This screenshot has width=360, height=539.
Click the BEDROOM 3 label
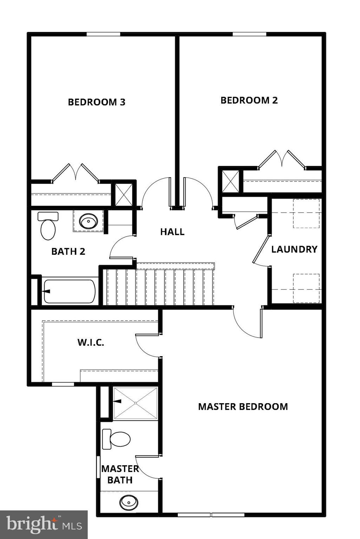tap(97, 102)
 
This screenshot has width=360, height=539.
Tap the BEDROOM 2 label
tap(249, 100)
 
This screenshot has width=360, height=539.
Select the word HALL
tap(172, 232)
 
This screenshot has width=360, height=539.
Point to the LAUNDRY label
tap(294, 249)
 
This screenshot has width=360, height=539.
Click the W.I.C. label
tap(91, 342)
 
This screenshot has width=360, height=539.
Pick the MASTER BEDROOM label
tap(243, 406)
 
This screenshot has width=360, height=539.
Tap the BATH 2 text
tap(68, 251)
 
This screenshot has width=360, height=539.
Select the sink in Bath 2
tap(88, 221)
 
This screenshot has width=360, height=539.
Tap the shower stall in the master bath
tap(136, 403)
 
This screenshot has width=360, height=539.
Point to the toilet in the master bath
tap(117, 439)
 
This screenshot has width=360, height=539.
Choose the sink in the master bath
tap(129, 503)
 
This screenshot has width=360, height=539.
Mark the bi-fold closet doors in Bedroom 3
tap(76, 173)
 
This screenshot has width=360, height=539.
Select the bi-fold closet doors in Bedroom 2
tap(282, 160)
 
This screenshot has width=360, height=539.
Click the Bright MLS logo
tap(44, 525)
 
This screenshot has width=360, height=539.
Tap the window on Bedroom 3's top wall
tap(103, 34)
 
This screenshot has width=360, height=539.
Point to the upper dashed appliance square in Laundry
tap(306, 213)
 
